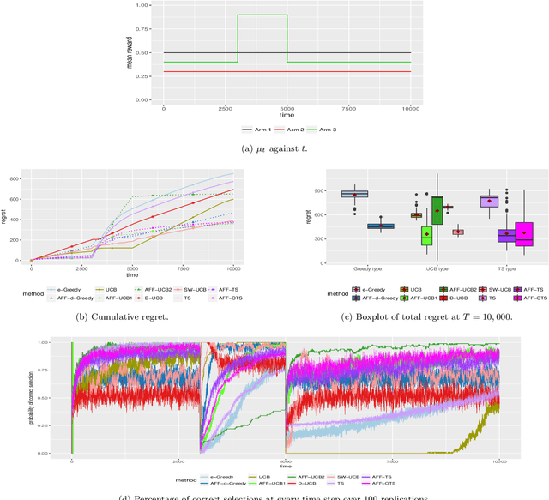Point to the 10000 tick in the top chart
pyautogui.click(x=410, y=109)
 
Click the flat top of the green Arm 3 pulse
pyautogui.click(x=262, y=15)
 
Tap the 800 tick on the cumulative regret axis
pyautogui.click(x=22, y=180)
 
